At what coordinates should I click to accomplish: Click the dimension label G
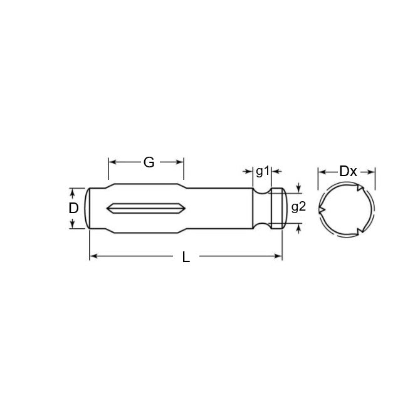click(x=149, y=162)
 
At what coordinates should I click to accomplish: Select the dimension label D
click(x=74, y=207)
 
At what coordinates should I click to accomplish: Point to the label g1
click(x=263, y=171)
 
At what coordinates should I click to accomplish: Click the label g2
click(x=298, y=207)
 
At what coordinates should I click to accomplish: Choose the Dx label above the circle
click(x=348, y=171)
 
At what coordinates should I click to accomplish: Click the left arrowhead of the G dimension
click(x=112, y=162)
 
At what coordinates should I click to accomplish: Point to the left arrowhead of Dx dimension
click(x=321, y=171)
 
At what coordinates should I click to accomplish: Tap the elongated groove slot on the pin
click(x=144, y=207)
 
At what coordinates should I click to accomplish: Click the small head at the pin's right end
click(x=278, y=207)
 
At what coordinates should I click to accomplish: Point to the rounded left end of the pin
click(x=89, y=207)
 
